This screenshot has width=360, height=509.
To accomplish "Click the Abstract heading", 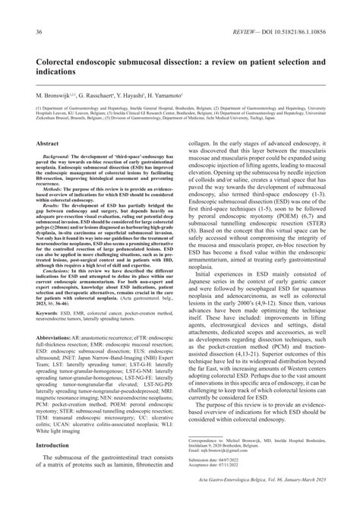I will [x=48, y=142].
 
